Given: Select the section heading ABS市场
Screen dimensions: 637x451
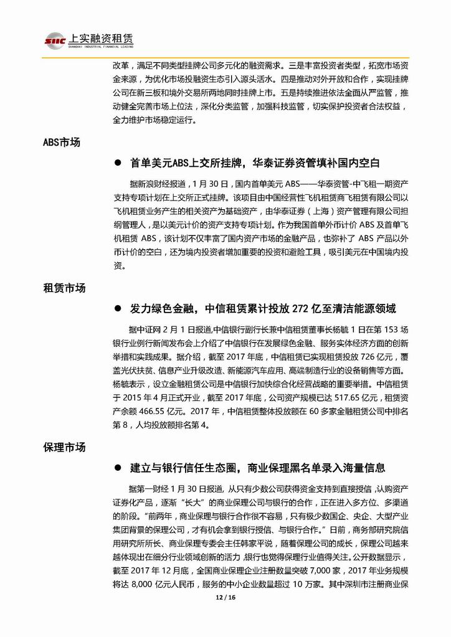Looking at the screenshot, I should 62,143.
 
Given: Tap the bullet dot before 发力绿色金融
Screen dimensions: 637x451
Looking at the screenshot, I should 117,309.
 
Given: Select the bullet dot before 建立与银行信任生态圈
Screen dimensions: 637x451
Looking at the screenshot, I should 117,468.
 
